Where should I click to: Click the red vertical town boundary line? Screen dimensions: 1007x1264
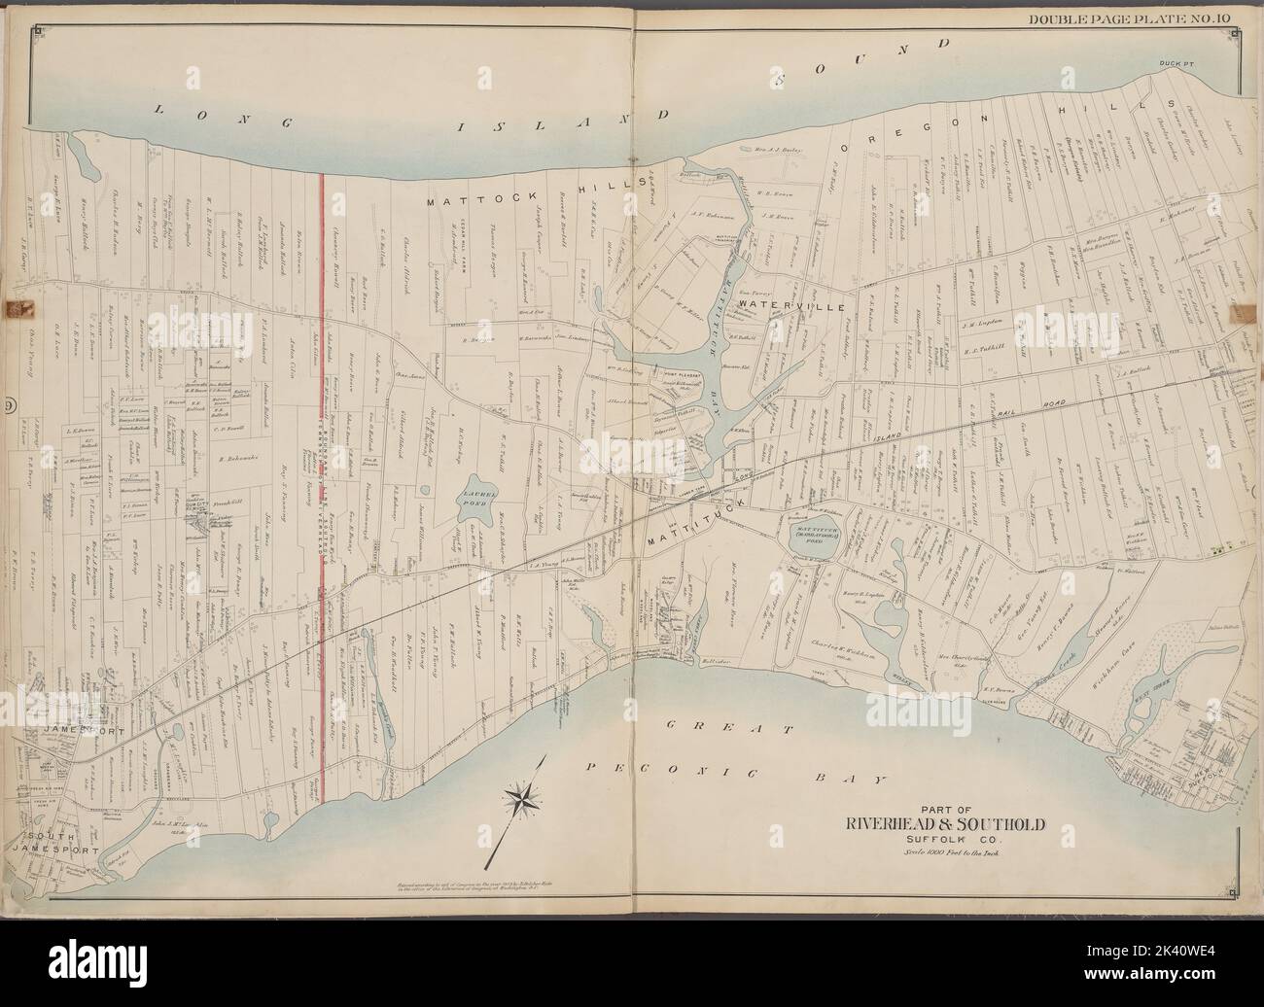[323, 486]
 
